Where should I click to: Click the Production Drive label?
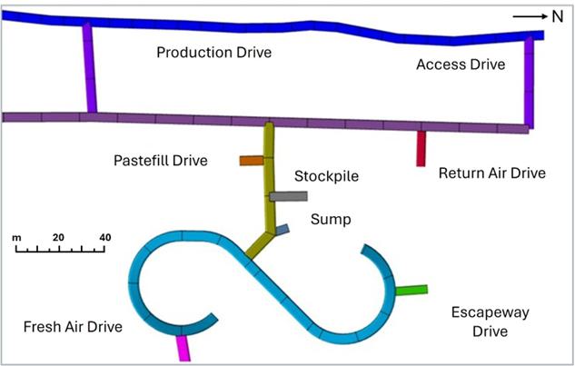[213, 53]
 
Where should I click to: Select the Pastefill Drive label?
[161, 161]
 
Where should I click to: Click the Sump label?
[330, 219]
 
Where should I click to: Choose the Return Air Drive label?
[491, 173]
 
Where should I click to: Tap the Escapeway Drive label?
[491, 321]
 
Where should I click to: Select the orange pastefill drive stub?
[251, 161]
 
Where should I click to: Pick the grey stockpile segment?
[289, 196]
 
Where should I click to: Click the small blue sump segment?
[283, 231]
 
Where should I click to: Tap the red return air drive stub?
[421, 149]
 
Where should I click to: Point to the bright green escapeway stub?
[411, 291]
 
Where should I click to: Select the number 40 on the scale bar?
[105, 237]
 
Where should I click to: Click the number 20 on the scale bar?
[58, 237]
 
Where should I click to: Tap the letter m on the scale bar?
[16, 237]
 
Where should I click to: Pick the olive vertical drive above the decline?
[269, 173]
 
